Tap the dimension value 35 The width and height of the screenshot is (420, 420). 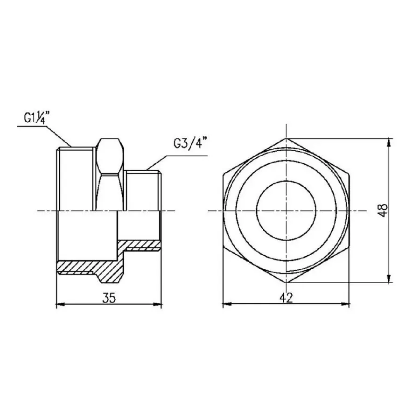click(x=109, y=298)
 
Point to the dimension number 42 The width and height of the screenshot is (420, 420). click(x=286, y=298)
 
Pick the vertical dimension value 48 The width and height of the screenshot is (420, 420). click(x=384, y=210)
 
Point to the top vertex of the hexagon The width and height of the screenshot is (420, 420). click(x=286, y=139)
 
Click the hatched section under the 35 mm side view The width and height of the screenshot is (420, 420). click(x=89, y=269)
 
